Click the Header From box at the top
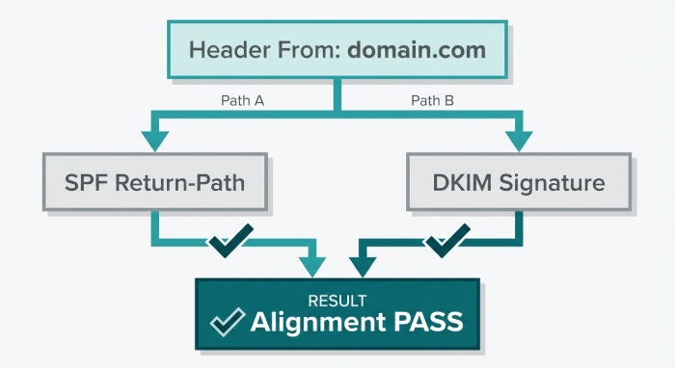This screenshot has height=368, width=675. tap(337, 51)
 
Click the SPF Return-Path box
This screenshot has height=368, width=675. tap(154, 181)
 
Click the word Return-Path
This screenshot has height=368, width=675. tap(178, 181)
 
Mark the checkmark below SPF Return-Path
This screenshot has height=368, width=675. tap(230, 241)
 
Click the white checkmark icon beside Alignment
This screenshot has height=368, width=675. tap(228, 322)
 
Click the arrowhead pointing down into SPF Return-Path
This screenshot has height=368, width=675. tap(154, 141)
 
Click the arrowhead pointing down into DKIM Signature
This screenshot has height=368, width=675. tap(521, 141)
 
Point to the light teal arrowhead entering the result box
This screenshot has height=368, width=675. tap(313, 266)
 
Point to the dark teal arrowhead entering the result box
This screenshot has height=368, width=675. tap(361, 266)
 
